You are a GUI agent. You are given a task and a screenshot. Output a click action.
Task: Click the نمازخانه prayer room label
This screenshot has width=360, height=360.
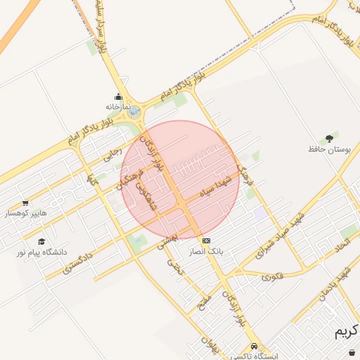pyautogui.click(x=119, y=106)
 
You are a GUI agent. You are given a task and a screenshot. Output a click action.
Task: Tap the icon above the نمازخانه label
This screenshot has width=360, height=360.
pyautogui.click(x=118, y=97)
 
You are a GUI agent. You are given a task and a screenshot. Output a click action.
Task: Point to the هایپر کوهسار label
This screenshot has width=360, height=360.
pyautogui.click(x=26, y=212)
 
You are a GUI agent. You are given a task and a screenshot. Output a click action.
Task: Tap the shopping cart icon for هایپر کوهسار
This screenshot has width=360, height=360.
pyautogui.click(x=26, y=203)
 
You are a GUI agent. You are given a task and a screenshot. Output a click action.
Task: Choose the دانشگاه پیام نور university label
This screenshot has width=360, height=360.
pyautogui.click(x=44, y=251)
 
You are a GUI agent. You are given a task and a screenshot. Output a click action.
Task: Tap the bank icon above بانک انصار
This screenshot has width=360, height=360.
pyautogui.click(x=205, y=241)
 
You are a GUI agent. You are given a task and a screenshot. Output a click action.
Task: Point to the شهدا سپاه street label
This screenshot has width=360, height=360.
pyautogui.click(x=219, y=184)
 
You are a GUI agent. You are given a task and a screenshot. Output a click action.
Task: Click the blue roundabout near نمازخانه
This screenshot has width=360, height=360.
pyautogui.click(x=134, y=111)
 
